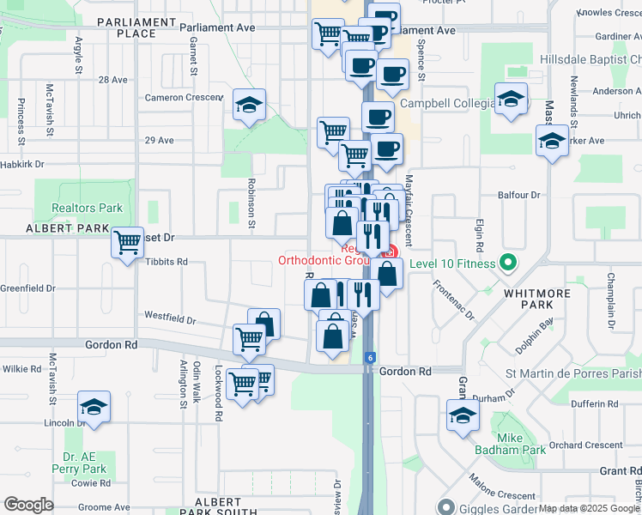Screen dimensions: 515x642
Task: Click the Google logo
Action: (x=29, y=505)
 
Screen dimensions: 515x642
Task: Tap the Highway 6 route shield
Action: (x=368, y=357)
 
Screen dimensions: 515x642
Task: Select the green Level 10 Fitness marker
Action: (x=508, y=263)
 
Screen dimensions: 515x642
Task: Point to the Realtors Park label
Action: (x=87, y=208)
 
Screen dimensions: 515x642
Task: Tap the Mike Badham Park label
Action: (x=510, y=443)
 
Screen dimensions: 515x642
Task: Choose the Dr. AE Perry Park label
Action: (x=84, y=463)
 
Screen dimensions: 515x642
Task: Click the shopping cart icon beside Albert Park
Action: (x=128, y=242)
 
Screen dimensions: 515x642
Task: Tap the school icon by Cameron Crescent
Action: (x=250, y=105)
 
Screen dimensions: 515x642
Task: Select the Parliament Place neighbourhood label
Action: (x=126, y=27)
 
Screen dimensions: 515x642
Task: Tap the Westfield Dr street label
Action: (x=170, y=318)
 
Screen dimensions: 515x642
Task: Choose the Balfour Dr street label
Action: (x=519, y=195)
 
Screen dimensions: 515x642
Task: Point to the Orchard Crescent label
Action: (x=586, y=445)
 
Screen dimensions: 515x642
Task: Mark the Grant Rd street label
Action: (x=621, y=471)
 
